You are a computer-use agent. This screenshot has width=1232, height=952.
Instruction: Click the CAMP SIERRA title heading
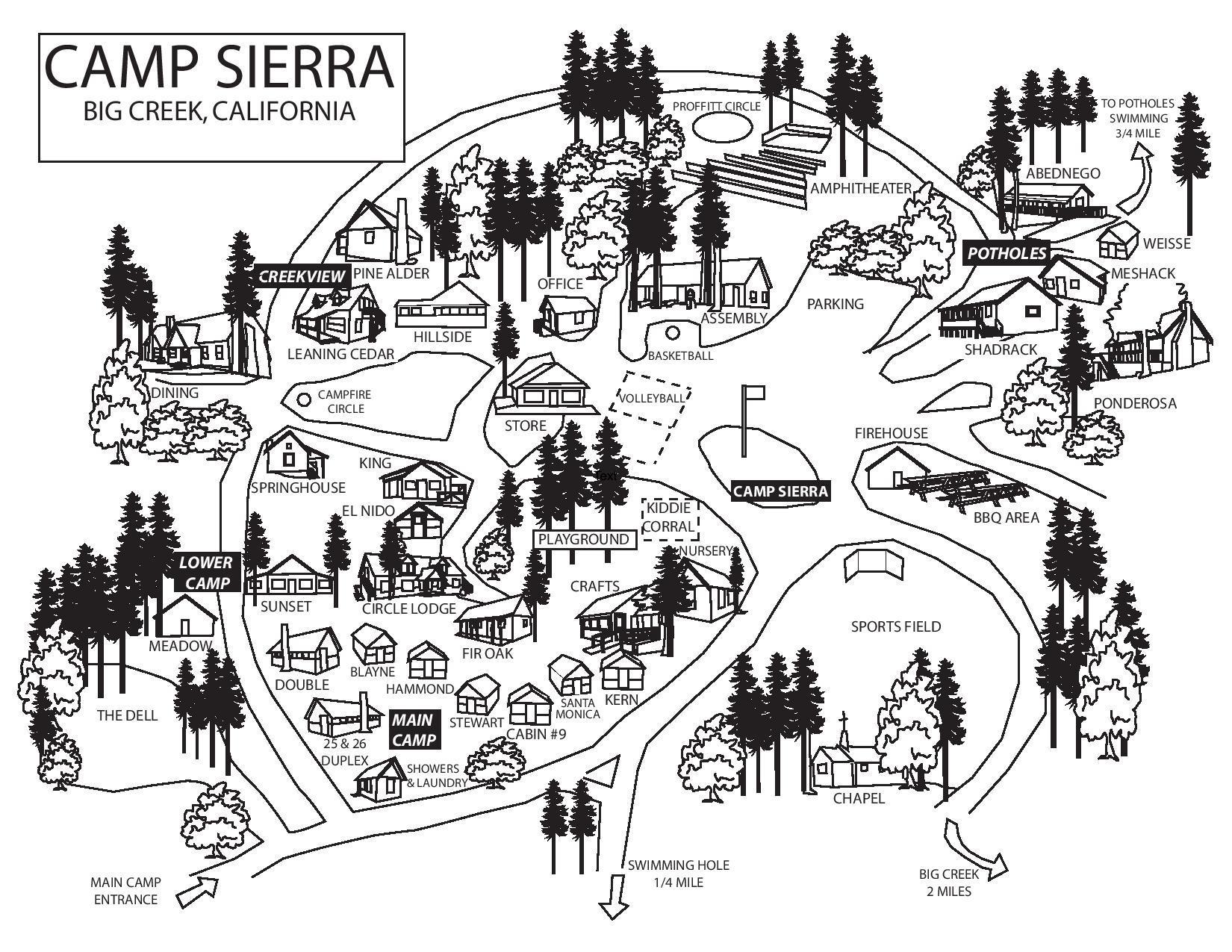click(220, 67)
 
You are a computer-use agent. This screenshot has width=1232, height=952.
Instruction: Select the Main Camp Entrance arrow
click(199, 891)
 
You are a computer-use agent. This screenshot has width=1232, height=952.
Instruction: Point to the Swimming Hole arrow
click(615, 896)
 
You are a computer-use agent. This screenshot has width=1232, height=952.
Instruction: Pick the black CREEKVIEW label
click(302, 276)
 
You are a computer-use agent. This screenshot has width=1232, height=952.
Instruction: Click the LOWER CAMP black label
click(205, 573)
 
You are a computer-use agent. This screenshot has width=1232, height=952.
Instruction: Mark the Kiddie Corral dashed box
click(670, 519)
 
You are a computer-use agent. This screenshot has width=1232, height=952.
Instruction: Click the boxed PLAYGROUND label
click(585, 539)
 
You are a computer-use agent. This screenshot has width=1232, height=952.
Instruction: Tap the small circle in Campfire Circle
click(304, 399)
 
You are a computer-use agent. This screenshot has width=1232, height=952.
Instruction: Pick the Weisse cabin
click(1116, 240)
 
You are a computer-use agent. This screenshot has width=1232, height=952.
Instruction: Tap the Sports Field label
click(895, 626)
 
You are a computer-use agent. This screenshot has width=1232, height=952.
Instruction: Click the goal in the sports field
click(874, 565)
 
